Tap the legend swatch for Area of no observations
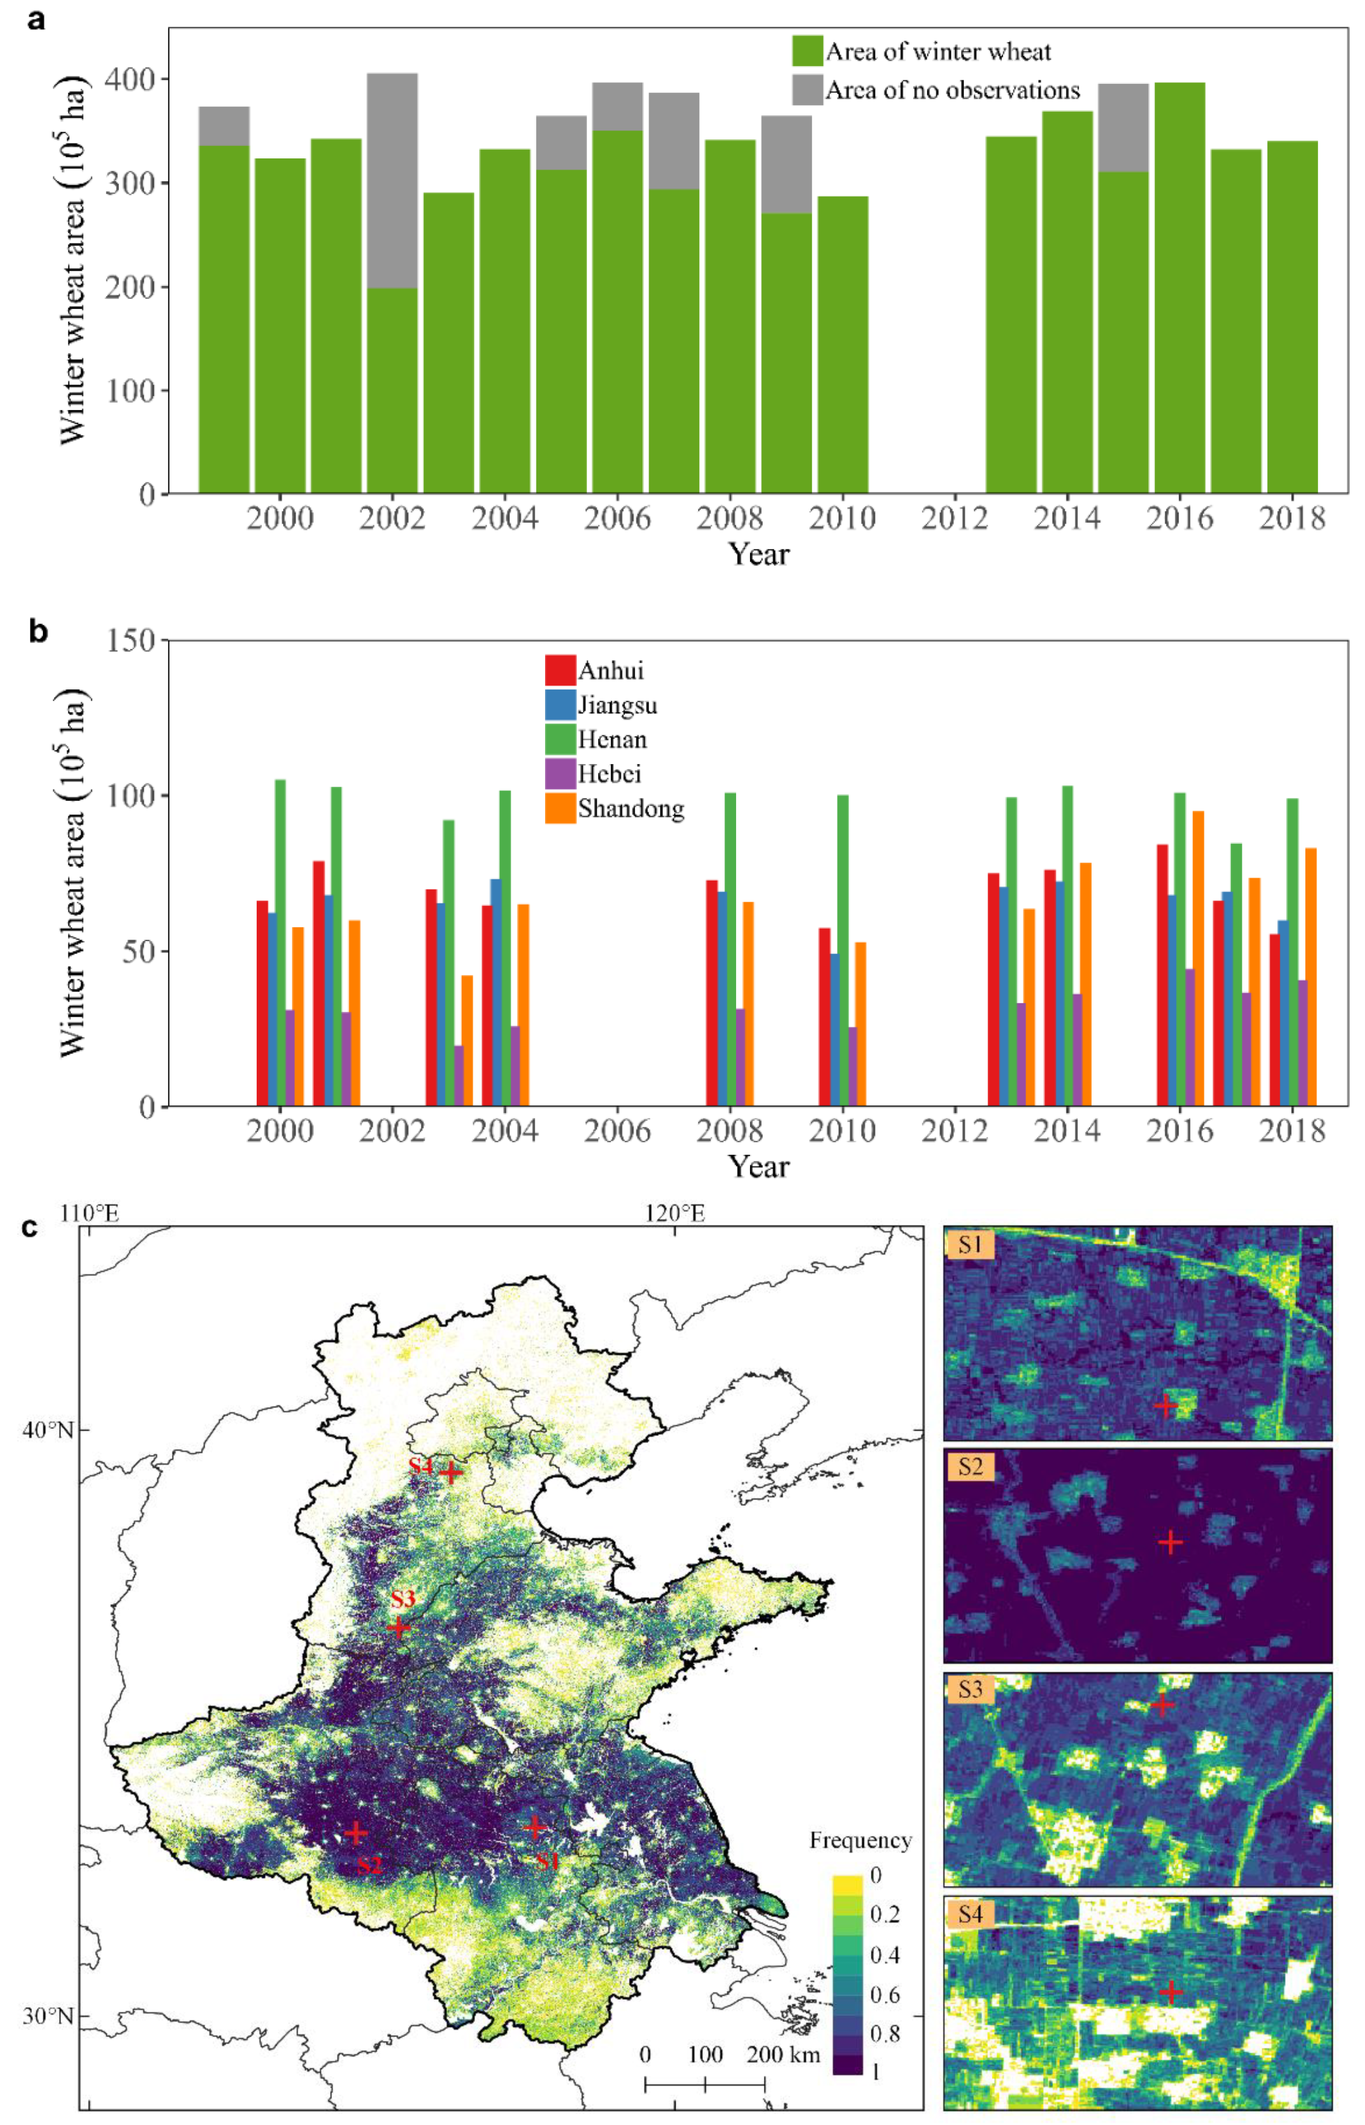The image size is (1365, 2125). click(x=808, y=90)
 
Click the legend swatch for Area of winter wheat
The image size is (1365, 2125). click(x=808, y=51)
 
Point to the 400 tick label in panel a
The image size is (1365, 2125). click(x=129, y=80)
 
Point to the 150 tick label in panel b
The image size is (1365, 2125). click(x=129, y=640)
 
